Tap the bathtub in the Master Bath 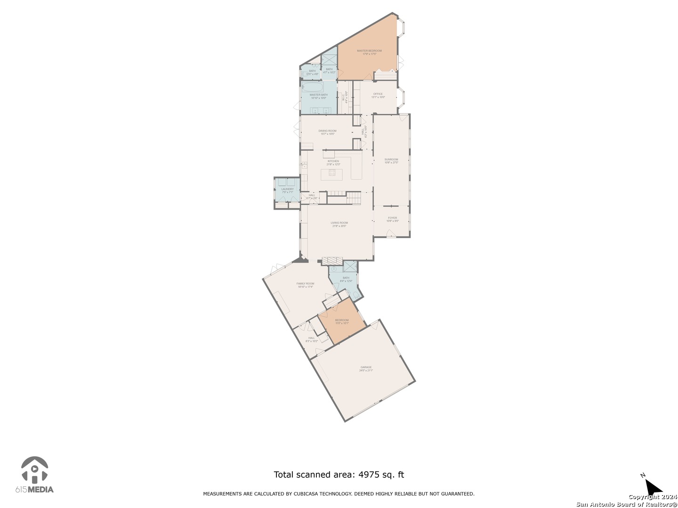[312, 87]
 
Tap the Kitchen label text [333, 161]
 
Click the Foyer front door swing [390, 233]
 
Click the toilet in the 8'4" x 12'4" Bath [355, 295]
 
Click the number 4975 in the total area [370, 475]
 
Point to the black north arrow [653, 487]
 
